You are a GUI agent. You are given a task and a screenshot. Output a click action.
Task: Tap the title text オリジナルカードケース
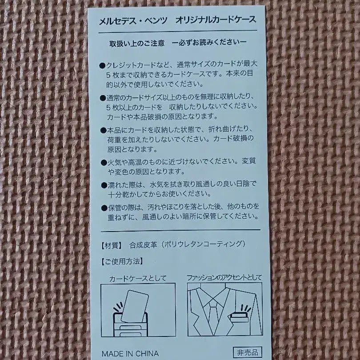[x=216, y=21]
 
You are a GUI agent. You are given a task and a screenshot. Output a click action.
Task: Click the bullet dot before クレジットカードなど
[x=103, y=65]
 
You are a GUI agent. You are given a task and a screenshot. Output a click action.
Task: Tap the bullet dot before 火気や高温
[x=103, y=162]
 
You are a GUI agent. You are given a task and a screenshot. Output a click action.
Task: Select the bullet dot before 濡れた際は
[x=103, y=185]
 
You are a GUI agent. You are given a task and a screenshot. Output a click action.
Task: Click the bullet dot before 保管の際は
[x=103, y=208]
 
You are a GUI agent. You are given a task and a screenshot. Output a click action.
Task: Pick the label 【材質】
[x=112, y=244]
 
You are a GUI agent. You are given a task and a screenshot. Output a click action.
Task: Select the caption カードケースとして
[x=138, y=279]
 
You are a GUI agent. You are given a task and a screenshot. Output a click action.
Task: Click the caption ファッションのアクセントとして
[x=224, y=278]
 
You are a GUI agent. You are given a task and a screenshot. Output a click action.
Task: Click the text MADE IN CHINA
[x=130, y=354]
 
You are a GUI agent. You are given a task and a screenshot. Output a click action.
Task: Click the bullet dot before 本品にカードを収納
[x=103, y=130]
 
